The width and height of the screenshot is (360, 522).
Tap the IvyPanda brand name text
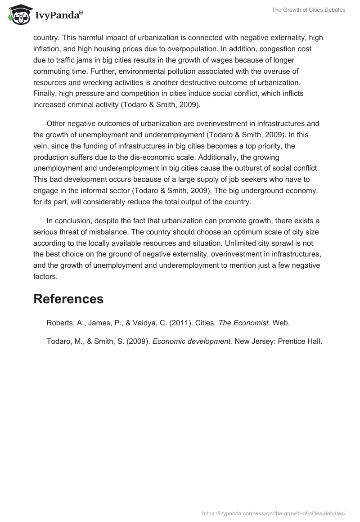tap(56, 15)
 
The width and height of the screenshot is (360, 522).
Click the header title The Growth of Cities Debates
tap(308, 10)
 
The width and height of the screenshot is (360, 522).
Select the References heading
tap(68, 299)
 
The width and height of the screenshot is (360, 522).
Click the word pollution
tap(167, 71)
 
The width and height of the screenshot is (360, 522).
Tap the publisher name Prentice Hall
tap(300, 341)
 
